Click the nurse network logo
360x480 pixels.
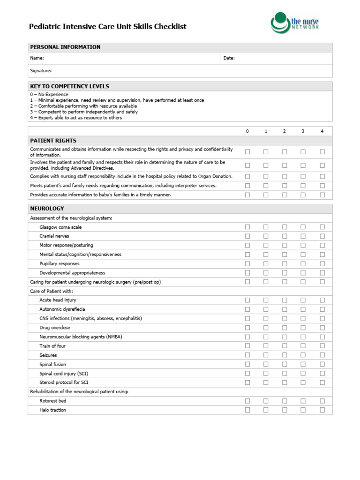click(294, 23)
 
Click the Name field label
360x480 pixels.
click(37, 58)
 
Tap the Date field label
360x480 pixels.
click(229, 58)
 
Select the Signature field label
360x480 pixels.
click(41, 71)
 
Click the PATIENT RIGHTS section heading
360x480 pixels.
click(53, 141)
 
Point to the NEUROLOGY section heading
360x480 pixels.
click(47, 209)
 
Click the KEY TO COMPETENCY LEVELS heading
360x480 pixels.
click(69, 86)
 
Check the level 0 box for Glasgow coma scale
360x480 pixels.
click(247, 227)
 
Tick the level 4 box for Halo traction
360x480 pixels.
click(322, 410)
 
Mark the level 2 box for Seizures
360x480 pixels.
click(285, 355)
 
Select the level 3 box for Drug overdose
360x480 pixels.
click(303, 328)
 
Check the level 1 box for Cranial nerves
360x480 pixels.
click(266, 236)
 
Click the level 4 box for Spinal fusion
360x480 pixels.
click(322, 364)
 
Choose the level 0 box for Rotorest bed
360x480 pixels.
click(247, 401)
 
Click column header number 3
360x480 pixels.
click(303, 131)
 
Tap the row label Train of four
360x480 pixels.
click(52, 346)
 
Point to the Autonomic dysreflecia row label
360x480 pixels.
click(62, 309)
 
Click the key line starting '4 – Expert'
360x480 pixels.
click(76, 118)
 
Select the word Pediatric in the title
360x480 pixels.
click(45, 27)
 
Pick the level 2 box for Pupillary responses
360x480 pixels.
click(285, 263)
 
